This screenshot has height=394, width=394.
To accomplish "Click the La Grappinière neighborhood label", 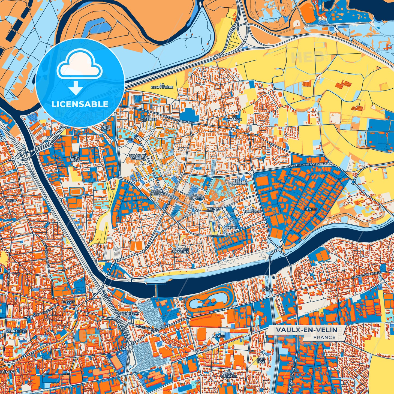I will (x=162, y=86).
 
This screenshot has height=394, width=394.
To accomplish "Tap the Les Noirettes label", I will (x=147, y=118).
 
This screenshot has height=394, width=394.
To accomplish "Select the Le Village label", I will (x=236, y=118).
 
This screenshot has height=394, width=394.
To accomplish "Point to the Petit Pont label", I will (x=106, y=128).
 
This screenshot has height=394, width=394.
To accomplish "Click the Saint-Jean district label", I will (x=74, y=159).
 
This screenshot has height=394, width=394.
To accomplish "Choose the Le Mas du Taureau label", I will (x=138, y=157).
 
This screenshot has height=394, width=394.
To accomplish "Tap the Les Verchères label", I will (x=242, y=182).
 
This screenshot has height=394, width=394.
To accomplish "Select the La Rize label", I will (x=311, y=209).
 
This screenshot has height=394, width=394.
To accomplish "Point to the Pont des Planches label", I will (x=180, y=250).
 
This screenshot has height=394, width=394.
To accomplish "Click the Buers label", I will (x=11, y=201).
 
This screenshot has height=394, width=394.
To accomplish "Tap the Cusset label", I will (x=68, y=302).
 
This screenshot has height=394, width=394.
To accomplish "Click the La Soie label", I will (x=218, y=336).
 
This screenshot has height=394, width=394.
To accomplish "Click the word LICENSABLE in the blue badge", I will (x=80, y=104).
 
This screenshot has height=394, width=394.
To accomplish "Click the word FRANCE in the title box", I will (x=324, y=337).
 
